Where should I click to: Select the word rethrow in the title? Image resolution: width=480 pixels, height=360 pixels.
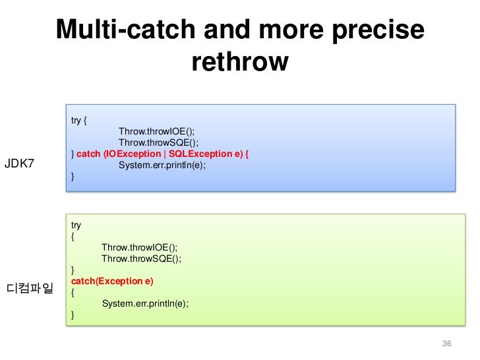click(x=240, y=62)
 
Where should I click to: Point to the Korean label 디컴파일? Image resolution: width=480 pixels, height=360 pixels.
click(x=30, y=288)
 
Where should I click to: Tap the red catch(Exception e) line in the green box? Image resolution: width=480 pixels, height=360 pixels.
click(x=112, y=281)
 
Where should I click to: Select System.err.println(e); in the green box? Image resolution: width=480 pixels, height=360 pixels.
click(x=145, y=303)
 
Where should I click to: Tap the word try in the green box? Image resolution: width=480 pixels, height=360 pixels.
click(x=76, y=225)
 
